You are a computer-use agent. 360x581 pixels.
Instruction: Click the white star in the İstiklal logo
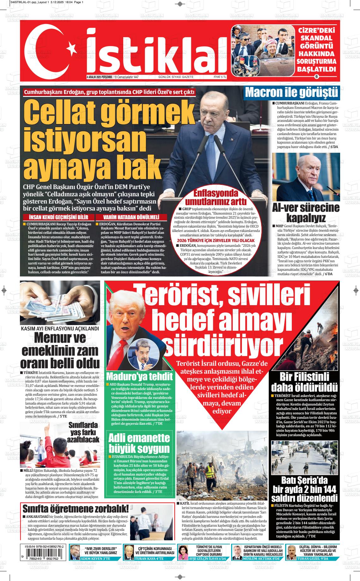72,49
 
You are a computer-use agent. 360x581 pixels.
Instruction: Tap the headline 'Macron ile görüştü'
291,93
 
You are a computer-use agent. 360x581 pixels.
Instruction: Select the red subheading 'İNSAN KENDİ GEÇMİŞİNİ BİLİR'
59,217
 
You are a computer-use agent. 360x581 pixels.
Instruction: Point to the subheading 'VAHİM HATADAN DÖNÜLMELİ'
131,217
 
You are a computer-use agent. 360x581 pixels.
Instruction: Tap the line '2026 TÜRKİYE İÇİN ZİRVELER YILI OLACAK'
216,240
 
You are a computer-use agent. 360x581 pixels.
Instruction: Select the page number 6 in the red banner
317,77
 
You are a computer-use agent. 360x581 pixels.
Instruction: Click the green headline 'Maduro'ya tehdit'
140,376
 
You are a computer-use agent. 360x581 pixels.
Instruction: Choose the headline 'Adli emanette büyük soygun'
140,443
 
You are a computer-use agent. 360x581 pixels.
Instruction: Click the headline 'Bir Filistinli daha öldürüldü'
304,382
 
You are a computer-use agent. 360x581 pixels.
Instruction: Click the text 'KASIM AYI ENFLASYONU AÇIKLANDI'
60,329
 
